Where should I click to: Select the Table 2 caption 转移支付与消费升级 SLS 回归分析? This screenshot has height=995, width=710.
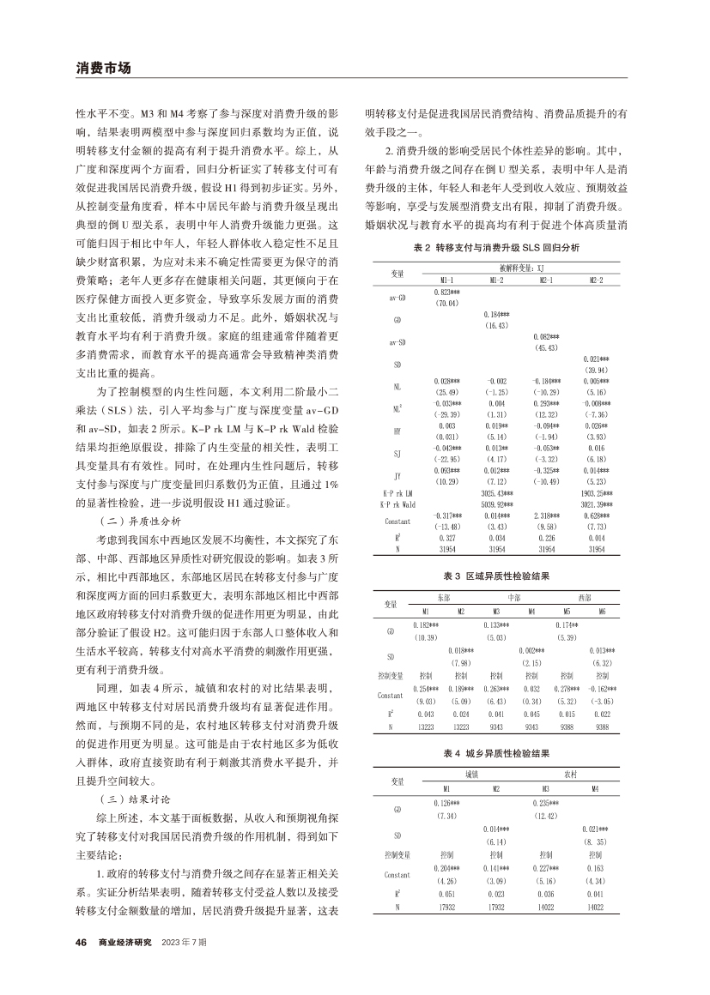(496, 247)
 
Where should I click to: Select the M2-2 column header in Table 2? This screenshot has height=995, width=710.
(596, 279)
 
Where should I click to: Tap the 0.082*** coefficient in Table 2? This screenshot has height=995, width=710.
(547, 337)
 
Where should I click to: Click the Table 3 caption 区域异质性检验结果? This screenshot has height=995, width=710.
(496, 576)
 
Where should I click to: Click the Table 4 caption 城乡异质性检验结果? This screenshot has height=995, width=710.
(496, 752)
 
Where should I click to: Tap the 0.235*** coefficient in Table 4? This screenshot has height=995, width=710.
(546, 803)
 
